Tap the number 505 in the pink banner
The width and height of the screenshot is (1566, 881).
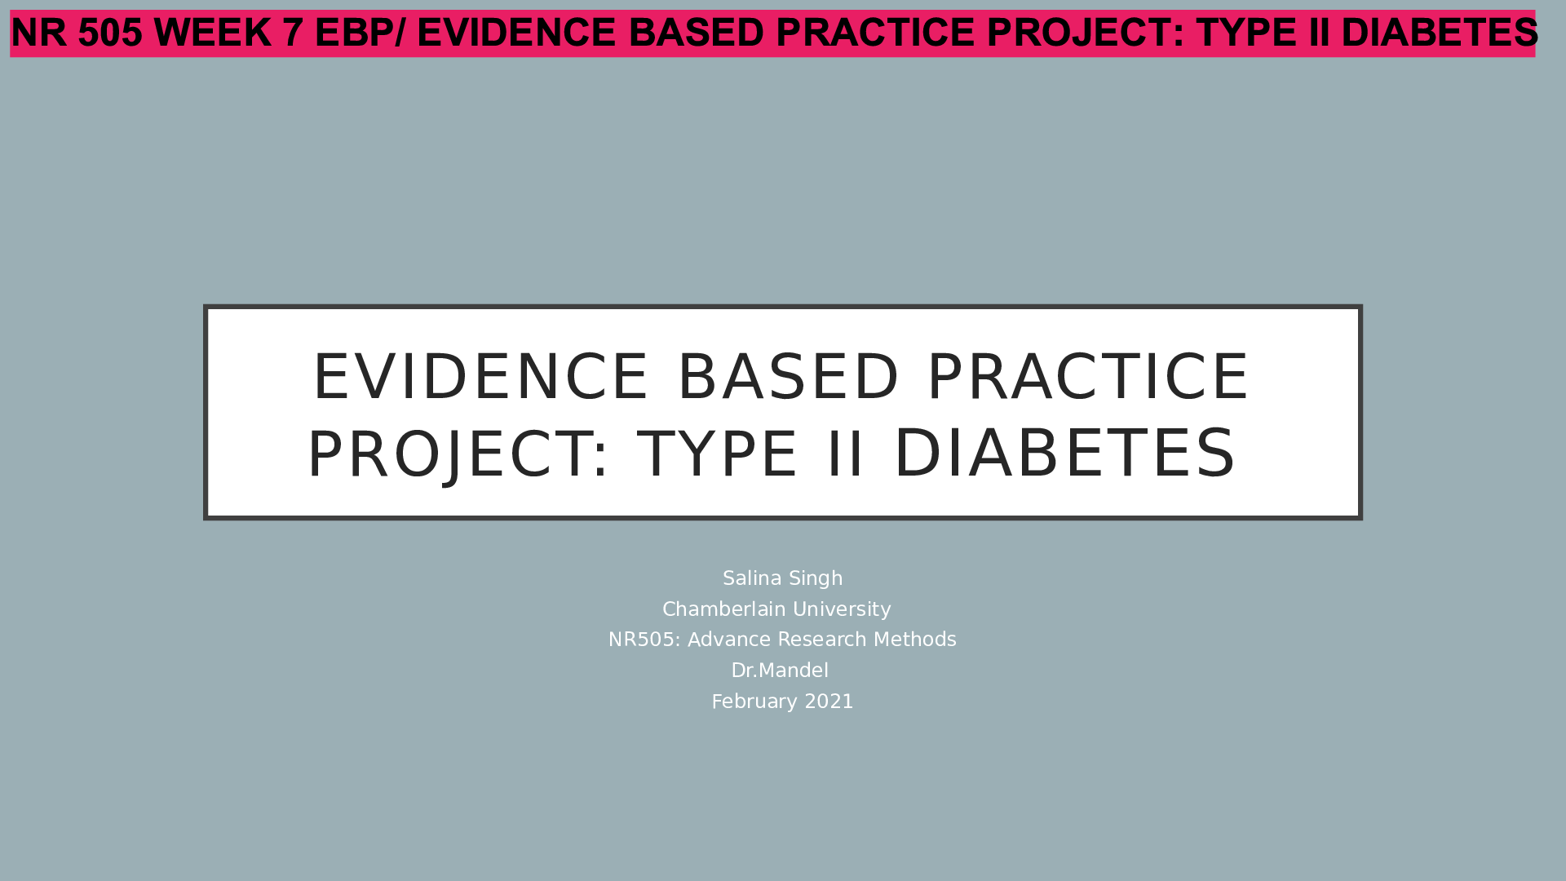coord(110,33)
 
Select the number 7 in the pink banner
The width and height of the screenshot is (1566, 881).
coord(293,33)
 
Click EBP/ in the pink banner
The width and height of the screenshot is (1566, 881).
coord(360,33)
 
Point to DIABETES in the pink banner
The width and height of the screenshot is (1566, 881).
coord(1439,33)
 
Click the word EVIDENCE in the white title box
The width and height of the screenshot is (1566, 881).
coord(480,377)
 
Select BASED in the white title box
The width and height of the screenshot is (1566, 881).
coord(788,377)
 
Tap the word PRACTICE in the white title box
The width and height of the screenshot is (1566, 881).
coord(1088,377)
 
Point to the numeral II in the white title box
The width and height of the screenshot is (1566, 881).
coord(845,454)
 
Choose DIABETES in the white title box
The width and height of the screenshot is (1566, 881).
coord(1065,454)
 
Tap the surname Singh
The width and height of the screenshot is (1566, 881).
coord(816,578)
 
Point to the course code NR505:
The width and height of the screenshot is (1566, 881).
coord(644,640)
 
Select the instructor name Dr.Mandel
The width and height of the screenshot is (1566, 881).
coord(780,671)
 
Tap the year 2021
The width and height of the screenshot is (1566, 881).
coord(829,702)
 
